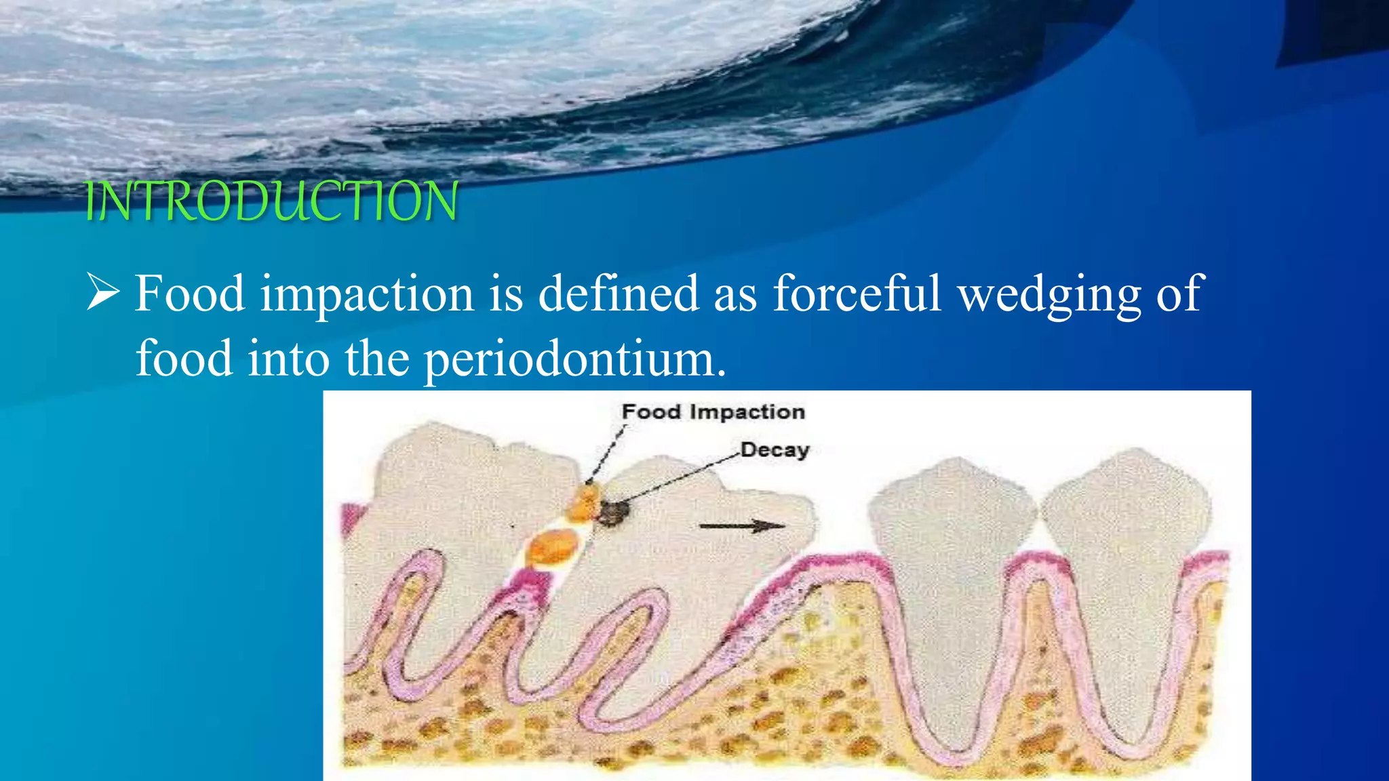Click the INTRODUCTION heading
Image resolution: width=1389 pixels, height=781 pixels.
coord(271,201)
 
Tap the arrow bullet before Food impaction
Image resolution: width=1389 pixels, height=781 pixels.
coord(103,293)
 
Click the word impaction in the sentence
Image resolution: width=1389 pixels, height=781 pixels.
coord(367,294)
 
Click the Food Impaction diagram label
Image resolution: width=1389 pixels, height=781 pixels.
coord(713,412)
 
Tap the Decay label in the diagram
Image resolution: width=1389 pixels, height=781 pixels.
coord(775,449)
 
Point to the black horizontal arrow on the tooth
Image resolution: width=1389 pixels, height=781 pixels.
coord(742,526)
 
